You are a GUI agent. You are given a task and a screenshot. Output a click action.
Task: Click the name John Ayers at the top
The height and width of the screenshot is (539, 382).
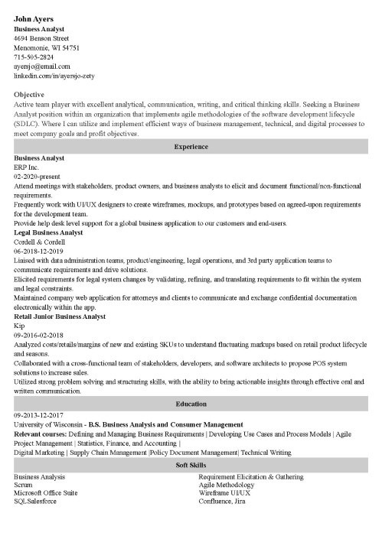[x=38, y=18]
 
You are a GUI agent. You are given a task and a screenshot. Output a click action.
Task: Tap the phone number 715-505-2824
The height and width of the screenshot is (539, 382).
[x=34, y=57]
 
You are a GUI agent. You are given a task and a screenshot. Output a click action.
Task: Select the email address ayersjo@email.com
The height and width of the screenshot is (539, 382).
[x=41, y=67]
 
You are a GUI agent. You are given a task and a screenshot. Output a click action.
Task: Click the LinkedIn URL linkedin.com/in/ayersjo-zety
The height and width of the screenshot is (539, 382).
[x=53, y=76]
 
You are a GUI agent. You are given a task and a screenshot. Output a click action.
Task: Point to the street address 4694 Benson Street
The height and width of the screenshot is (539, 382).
[x=41, y=37]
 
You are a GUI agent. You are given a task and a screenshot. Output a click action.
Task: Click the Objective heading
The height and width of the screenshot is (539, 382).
[x=30, y=94]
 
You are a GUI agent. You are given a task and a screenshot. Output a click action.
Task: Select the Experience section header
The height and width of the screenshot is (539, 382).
[x=191, y=146]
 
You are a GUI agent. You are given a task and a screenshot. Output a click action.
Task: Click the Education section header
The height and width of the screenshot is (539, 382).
[x=191, y=404]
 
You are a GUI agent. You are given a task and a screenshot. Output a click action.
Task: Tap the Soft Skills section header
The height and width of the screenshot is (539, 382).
[x=191, y=465]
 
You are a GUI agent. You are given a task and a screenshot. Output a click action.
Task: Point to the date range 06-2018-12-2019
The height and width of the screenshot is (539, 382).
[x=38, y=250]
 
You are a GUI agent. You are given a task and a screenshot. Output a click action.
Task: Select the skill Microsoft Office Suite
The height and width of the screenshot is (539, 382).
[x=45, y=495]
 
